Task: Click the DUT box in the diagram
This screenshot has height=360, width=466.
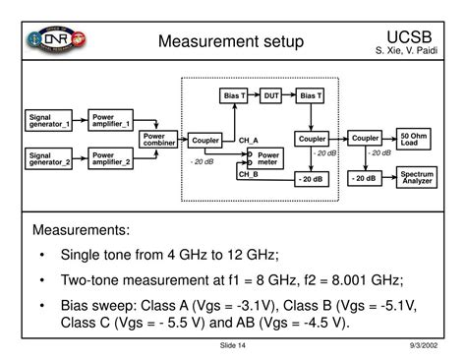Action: pyautogui.click(x=271, y=95)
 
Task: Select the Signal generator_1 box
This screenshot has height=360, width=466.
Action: pyautogui.click(x=50, y=122)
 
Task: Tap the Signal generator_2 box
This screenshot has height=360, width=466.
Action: pyautogui.click(x=50, y=159)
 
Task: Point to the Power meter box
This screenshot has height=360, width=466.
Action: pyautogui.click(x=268, y=158)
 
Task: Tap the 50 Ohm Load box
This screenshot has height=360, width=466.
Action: pyautogui.click(x=414, y=139)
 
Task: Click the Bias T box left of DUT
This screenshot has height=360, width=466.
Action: pyautogui.click(x=233, y=95)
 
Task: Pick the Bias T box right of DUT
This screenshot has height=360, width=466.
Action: pyautogui.click(x=310, y=95)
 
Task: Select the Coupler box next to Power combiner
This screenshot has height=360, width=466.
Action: pyautogui.click(x=204, y=141)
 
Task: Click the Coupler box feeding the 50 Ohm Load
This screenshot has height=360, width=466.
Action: pyautogui.click(x=365, y=139)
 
